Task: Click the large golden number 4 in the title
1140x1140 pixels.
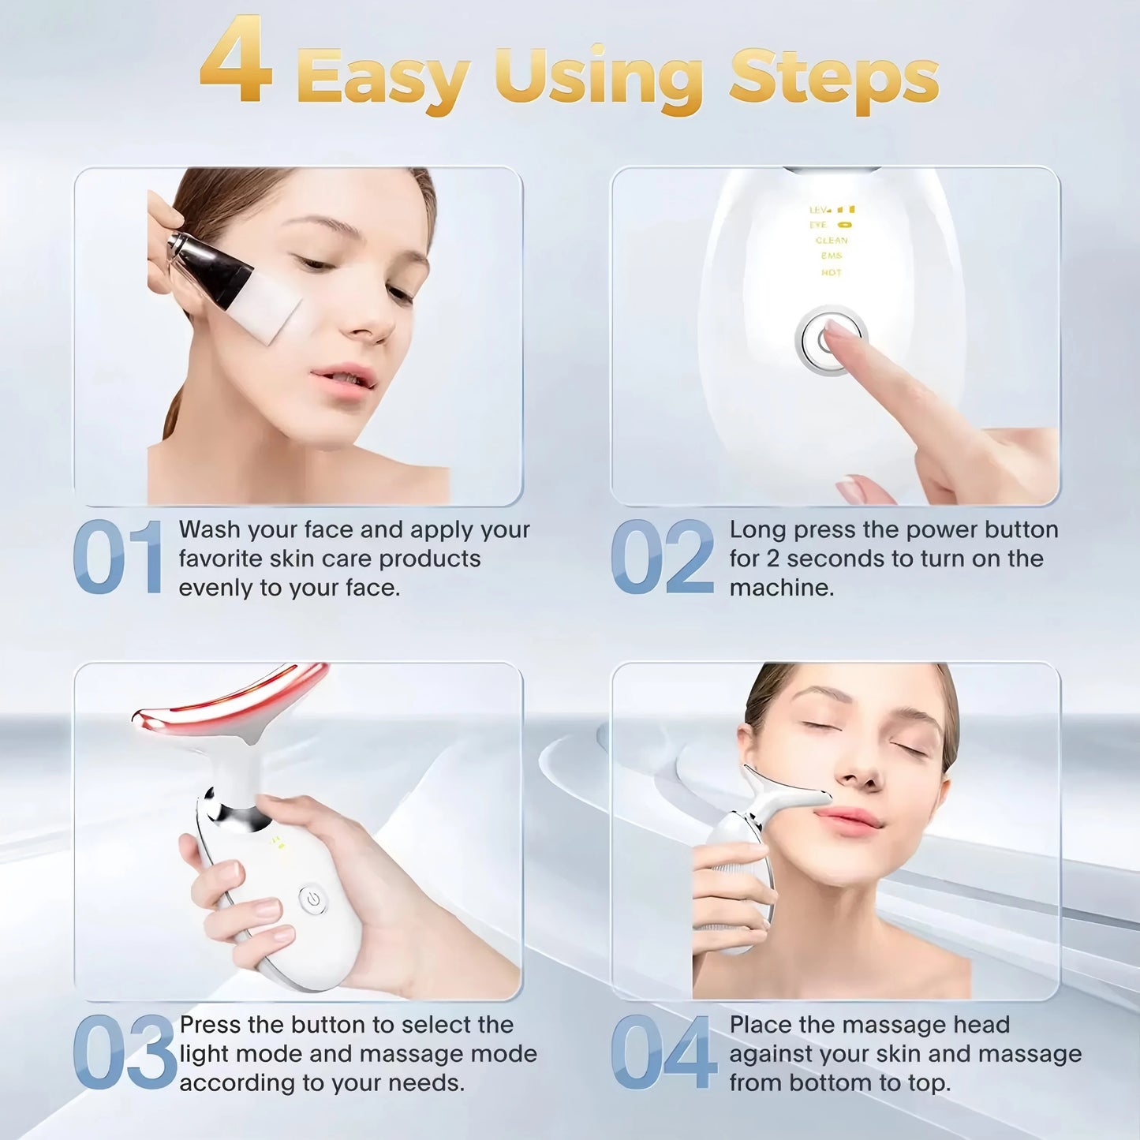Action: pyautogui.click(x=236, y=62)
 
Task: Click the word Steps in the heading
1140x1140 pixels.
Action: pyautogui.click(x=833, y=77)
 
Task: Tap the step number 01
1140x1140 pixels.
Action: pyautogui.click(x=118, y=557)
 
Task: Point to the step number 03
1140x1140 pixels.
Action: pyautogui.click(x=124, y=1052)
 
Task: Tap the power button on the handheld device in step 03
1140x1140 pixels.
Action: pyautogui.click(x=313, y=899)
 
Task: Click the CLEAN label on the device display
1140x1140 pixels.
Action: pyautogui.click(x=832, y=241)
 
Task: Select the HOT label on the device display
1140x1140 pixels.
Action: pyautogui.click(x=832, y=273)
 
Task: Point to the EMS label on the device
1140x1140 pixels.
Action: pyautogui.click(x=832, y=256)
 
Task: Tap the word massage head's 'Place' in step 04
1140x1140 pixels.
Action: pyautogui.click(x=760, y=1025)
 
